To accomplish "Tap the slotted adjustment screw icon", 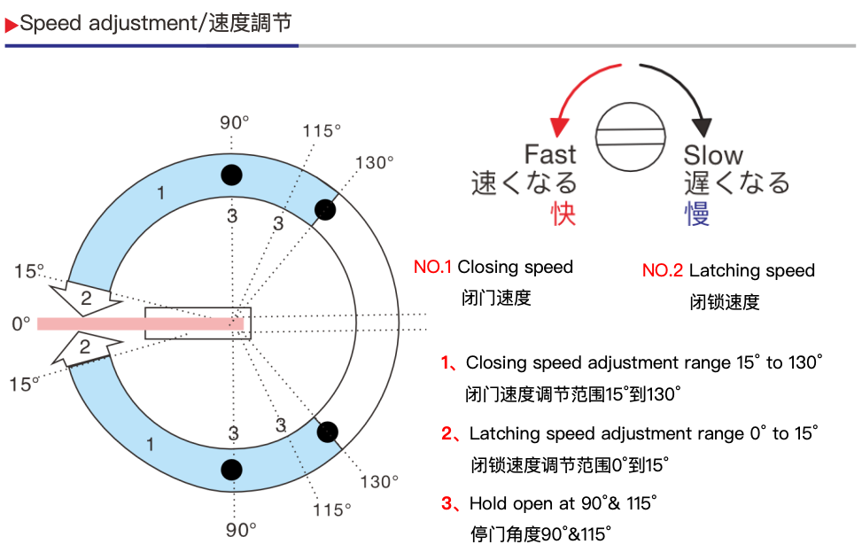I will pos(631,136).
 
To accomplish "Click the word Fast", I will pos(549,155).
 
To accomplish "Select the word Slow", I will pos(713,156).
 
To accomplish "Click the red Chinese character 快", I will pos(563,214).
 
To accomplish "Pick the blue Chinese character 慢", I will pos(697,214).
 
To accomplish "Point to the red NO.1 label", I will pos(432,267).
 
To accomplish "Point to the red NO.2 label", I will pos(662,271).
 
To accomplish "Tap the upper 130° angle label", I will pos(374,163).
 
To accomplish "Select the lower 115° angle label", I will pos(331,510).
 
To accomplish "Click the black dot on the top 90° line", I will pos(231,175).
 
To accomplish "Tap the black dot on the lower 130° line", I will pos(328,432).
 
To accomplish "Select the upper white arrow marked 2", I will pos(81,298).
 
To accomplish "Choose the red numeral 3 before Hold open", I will pos(447,504).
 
